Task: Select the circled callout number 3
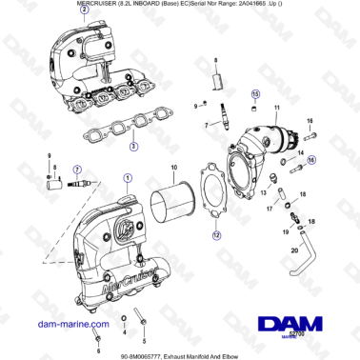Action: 132,147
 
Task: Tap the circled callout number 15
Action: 254,94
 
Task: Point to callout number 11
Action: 277,110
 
